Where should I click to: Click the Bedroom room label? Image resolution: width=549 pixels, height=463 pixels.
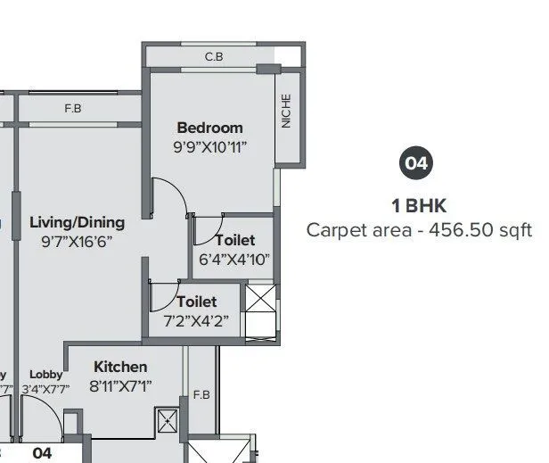click(x=209, y=128)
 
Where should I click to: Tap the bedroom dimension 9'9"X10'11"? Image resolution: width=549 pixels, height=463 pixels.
click(x=210, y=145)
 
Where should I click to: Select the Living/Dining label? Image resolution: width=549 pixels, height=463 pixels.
click(x=77, y=222)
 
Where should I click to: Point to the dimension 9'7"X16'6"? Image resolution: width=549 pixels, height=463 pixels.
click(x=77, y=241)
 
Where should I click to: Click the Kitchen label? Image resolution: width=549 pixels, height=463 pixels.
click(x=120, y=367)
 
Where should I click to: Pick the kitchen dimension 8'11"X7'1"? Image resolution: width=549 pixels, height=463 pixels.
click(x=121, y=385)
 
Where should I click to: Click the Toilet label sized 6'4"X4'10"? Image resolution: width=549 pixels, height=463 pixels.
click(x=235, y=240)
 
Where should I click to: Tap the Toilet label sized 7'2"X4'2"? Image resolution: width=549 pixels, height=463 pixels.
click(x=196, y=302)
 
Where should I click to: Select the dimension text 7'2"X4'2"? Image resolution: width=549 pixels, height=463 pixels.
click(x=196, y=320)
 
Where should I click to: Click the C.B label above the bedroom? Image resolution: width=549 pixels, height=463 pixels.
click(x=214, y=57)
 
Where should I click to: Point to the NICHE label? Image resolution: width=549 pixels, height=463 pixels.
click(x=286, y=112)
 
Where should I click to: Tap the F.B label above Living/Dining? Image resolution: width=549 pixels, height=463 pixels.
click(x=73, y=109)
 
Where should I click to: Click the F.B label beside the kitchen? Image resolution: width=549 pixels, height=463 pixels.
click(x=201, y=394)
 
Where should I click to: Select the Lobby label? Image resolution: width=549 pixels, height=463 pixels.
click(x=45, y=375)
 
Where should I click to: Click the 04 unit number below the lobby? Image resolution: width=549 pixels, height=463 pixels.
click(x=42, y=453)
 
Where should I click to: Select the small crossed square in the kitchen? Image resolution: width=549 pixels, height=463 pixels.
click(x=167, y=420)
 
